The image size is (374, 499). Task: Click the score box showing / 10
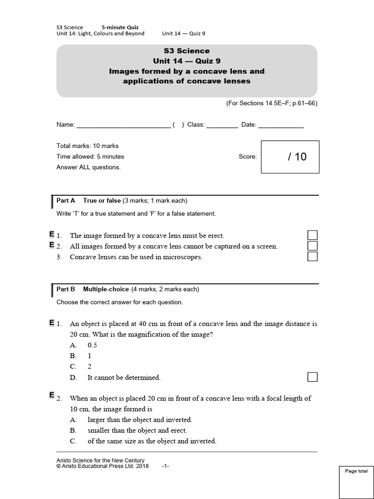pyautogui.click(x=290, y=157)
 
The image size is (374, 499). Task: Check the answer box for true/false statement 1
pyautogui.click(x=313, y=235)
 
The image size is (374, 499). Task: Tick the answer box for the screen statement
pyautogui.click(x=313, y=246)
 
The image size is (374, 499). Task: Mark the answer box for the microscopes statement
pyautogui.click(x=313, y=256)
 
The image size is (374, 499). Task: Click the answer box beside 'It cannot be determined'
pyautogui.click(x=313, y=377)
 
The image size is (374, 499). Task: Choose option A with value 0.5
pyautogui.click(x=92, y=345)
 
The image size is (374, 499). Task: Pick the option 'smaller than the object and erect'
pyautogui.click(x=137, y=430)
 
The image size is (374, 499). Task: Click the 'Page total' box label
pyautogui.click(x=356, y=471)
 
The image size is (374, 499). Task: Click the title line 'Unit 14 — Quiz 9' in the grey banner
pyautogui.click(x=187, y=61)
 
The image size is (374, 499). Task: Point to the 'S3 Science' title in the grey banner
pyautogui.click(x=187, y=51)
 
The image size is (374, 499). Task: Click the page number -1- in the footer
pyautogui.click(x=166, y=466)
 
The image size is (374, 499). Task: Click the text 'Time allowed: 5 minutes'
pyautogui.click(x=90, y=156)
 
